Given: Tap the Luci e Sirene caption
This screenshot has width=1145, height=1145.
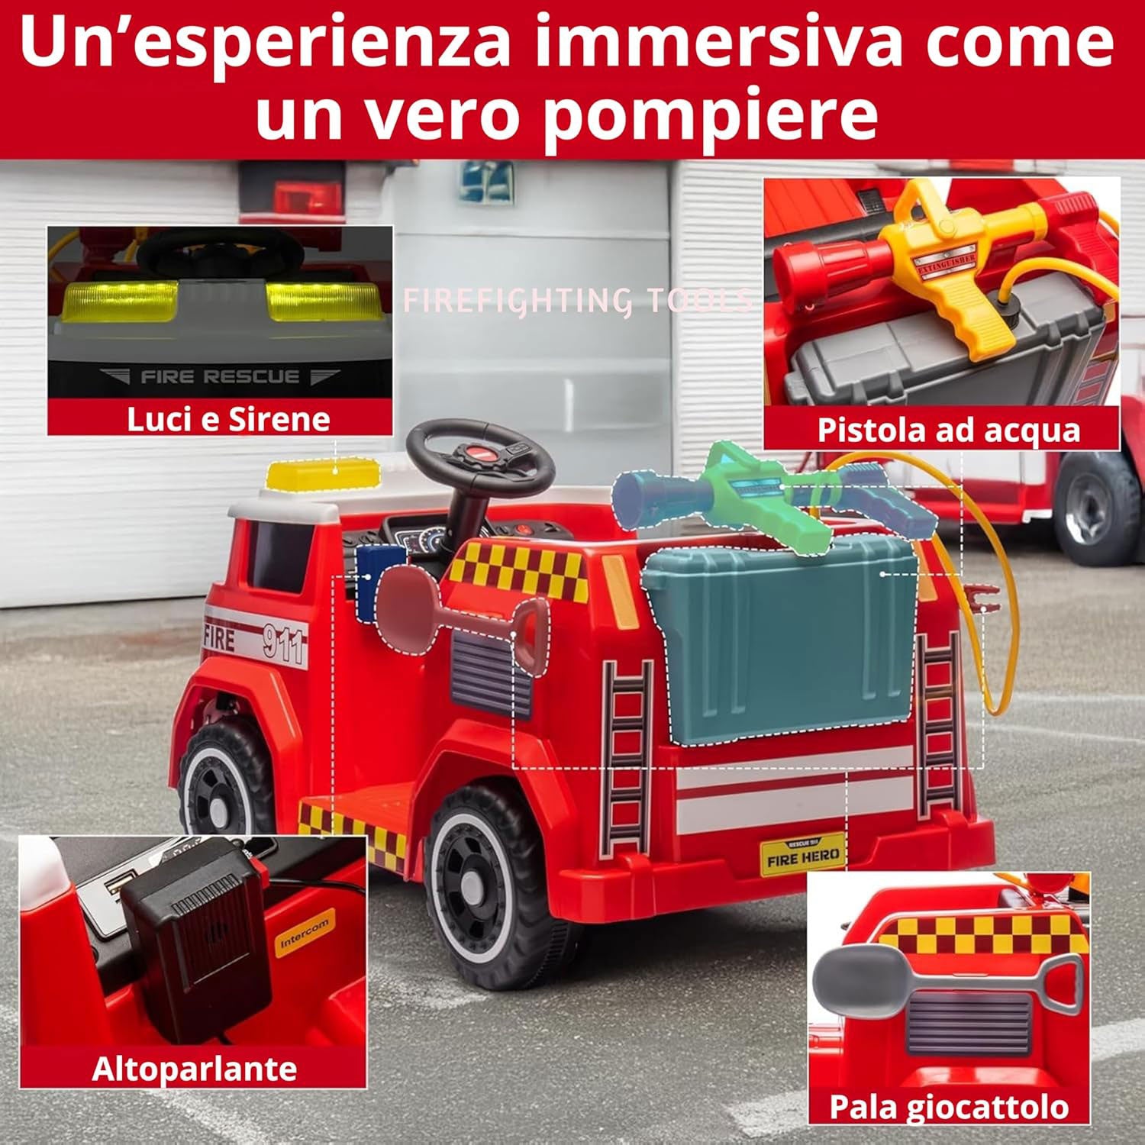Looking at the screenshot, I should coord(227,419).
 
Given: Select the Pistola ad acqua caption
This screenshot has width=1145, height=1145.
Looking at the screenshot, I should coord(948,430).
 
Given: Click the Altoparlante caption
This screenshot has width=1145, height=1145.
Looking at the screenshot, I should coord(194,1069).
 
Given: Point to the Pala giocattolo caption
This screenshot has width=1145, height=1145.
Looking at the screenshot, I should coord(948,1107).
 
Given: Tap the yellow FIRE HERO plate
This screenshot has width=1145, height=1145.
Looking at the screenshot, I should coord(802,856).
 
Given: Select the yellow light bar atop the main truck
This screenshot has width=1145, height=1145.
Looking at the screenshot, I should coord(323,475).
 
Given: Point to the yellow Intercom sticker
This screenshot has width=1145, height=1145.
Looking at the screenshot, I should coord(304,934).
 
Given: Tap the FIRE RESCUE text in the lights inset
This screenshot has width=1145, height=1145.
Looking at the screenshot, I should coord(220,377).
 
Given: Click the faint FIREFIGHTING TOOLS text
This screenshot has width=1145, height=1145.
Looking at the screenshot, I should coord(576,301).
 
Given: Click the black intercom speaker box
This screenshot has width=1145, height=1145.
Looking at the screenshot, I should coord(198,947).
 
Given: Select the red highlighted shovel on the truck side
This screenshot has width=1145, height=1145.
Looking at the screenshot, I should coord(458,618).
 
